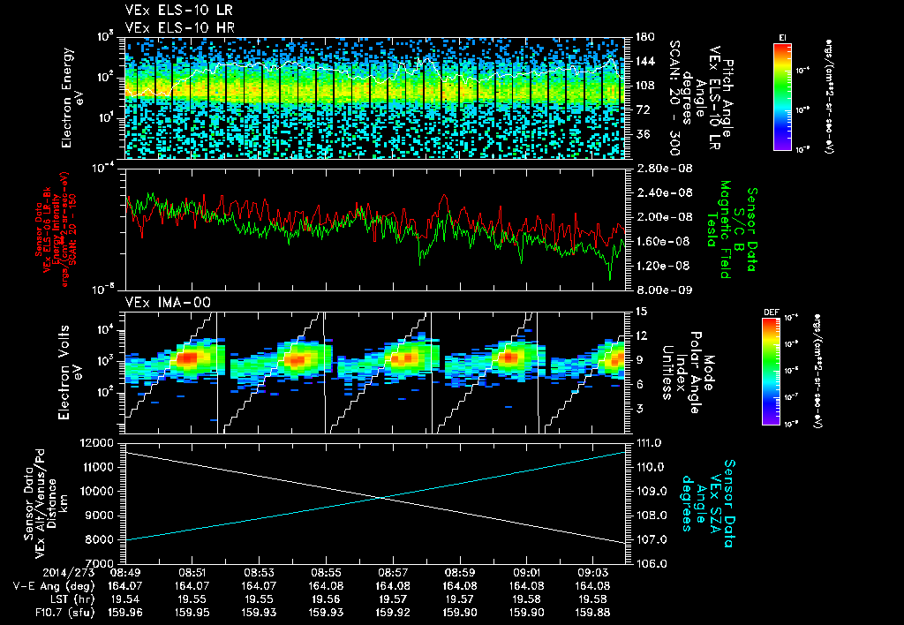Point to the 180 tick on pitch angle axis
637,36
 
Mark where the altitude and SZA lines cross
380,497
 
